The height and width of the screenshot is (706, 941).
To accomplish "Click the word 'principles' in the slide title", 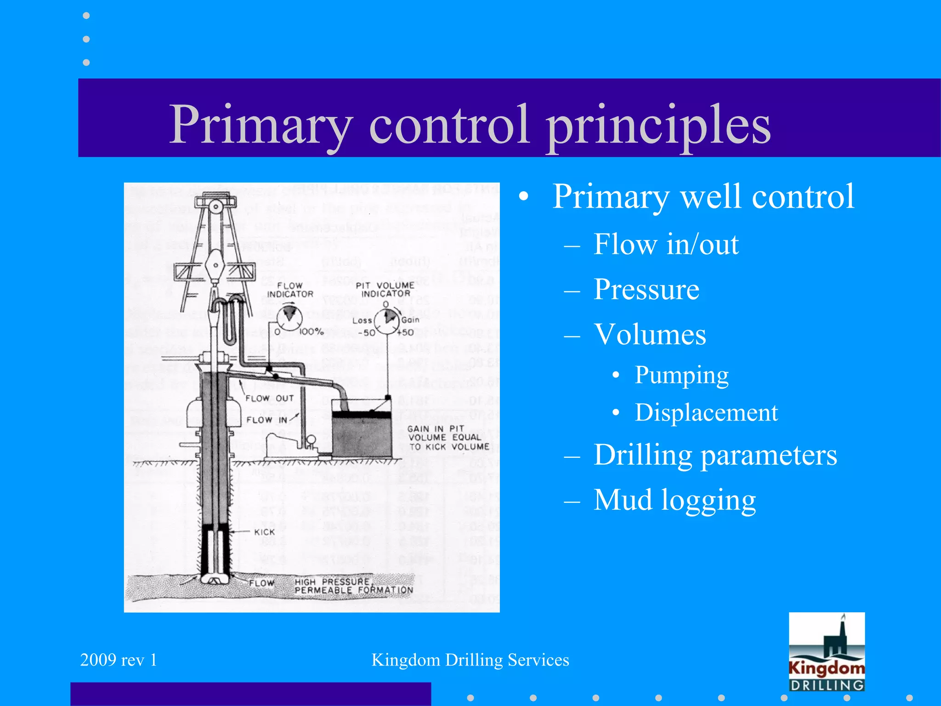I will pyautogui.click(x=658, y=125).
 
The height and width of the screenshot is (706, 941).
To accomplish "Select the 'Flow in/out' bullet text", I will pyautogui.click(x=666, y=244).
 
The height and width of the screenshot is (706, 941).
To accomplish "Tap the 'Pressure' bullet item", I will pyautogui.click(x=646, y=290).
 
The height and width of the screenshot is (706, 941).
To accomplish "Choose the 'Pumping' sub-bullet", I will pyautogui.click(x=681, y=376).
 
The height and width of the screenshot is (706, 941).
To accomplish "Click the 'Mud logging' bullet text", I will pyautogui.click(x=675, y=500).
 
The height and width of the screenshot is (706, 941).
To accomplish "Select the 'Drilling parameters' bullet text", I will pyautogui.click(x=715, y=455).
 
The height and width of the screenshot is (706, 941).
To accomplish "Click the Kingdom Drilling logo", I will pyautogui.click(x=827, y=652).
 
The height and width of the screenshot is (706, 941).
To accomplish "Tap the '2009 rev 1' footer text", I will pyautogui.click(x=119, y=660).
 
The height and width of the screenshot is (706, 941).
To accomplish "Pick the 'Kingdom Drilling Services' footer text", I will pyautogui.click(x=470, y=660).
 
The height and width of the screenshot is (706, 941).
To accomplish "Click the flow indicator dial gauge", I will pyautogui.click(x=289, y=318).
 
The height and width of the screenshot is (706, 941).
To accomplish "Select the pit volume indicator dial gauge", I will pyautogui.click(x=387, y=320).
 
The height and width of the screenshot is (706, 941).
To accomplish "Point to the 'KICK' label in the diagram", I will pyautogui.click(x=264, y=532).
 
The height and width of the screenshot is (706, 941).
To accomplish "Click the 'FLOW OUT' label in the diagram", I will pyautogui.click(x=269, y=399).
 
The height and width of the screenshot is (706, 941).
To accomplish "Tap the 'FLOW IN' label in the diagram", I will pyautogui.click(x=266, y=420).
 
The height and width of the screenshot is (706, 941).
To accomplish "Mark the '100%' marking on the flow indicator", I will pyautogui.click(x=312, y=332).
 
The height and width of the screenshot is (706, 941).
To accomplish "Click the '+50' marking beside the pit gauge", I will pyautogui.click(x=405, y=332).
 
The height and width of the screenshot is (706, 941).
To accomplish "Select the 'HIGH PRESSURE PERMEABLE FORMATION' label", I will pyautogui.click(x=353, y=586).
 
